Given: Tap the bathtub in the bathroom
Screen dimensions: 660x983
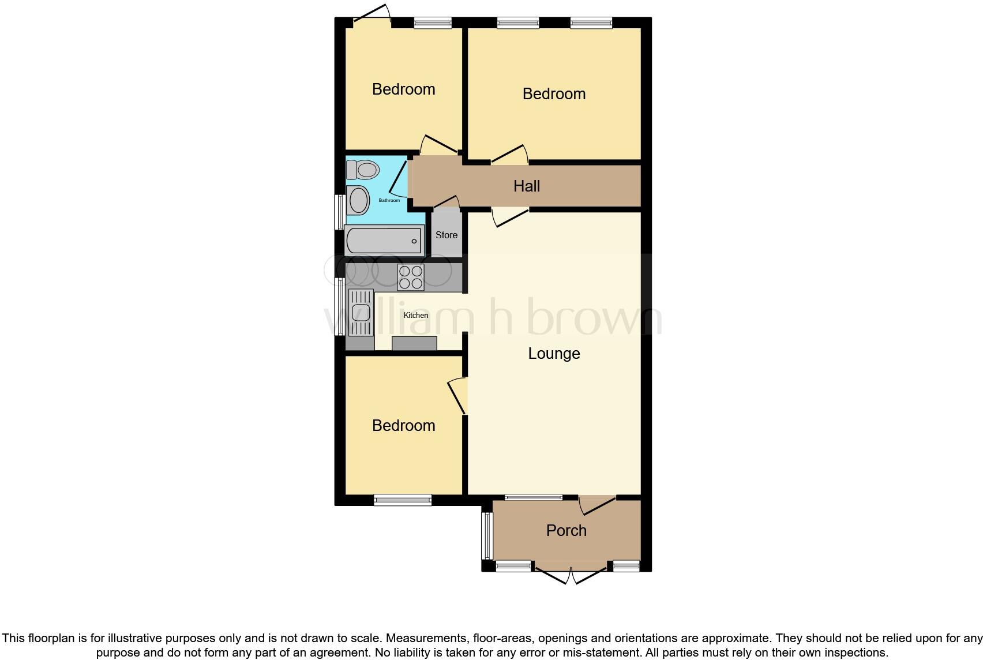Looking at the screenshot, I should click(x=384, y=241).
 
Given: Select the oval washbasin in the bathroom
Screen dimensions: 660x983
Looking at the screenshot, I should click(x=358, y=201).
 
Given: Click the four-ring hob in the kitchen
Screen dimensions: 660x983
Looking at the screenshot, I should click(x=410, y=277).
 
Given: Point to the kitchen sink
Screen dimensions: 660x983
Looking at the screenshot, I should click(x=361, y=312).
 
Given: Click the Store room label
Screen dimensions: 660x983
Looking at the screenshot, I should click(x=447, y=235).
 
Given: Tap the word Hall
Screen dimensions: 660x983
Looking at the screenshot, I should click(x=527, y=186).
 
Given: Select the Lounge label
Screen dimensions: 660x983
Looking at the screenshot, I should click(x=554, y=353).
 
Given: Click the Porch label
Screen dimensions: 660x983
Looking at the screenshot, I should click(x=566, y=530).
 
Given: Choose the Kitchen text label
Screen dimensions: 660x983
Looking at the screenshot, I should click(x=416, y=315).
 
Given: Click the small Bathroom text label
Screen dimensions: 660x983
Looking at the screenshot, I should click(x=389, y=200).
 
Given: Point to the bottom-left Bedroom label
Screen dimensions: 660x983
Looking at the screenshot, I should click(x=403, y=425).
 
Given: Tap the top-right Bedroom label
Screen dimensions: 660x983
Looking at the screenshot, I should click(x=554, y=93).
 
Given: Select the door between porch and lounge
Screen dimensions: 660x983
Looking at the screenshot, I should click(x=597, y=504).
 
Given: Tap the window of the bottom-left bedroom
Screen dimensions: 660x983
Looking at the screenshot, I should click(x=403, y=500).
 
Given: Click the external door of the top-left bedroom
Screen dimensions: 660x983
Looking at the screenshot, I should click(x=372, y=16).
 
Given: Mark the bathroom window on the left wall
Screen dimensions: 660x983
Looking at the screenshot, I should click(x=340, y=212).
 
